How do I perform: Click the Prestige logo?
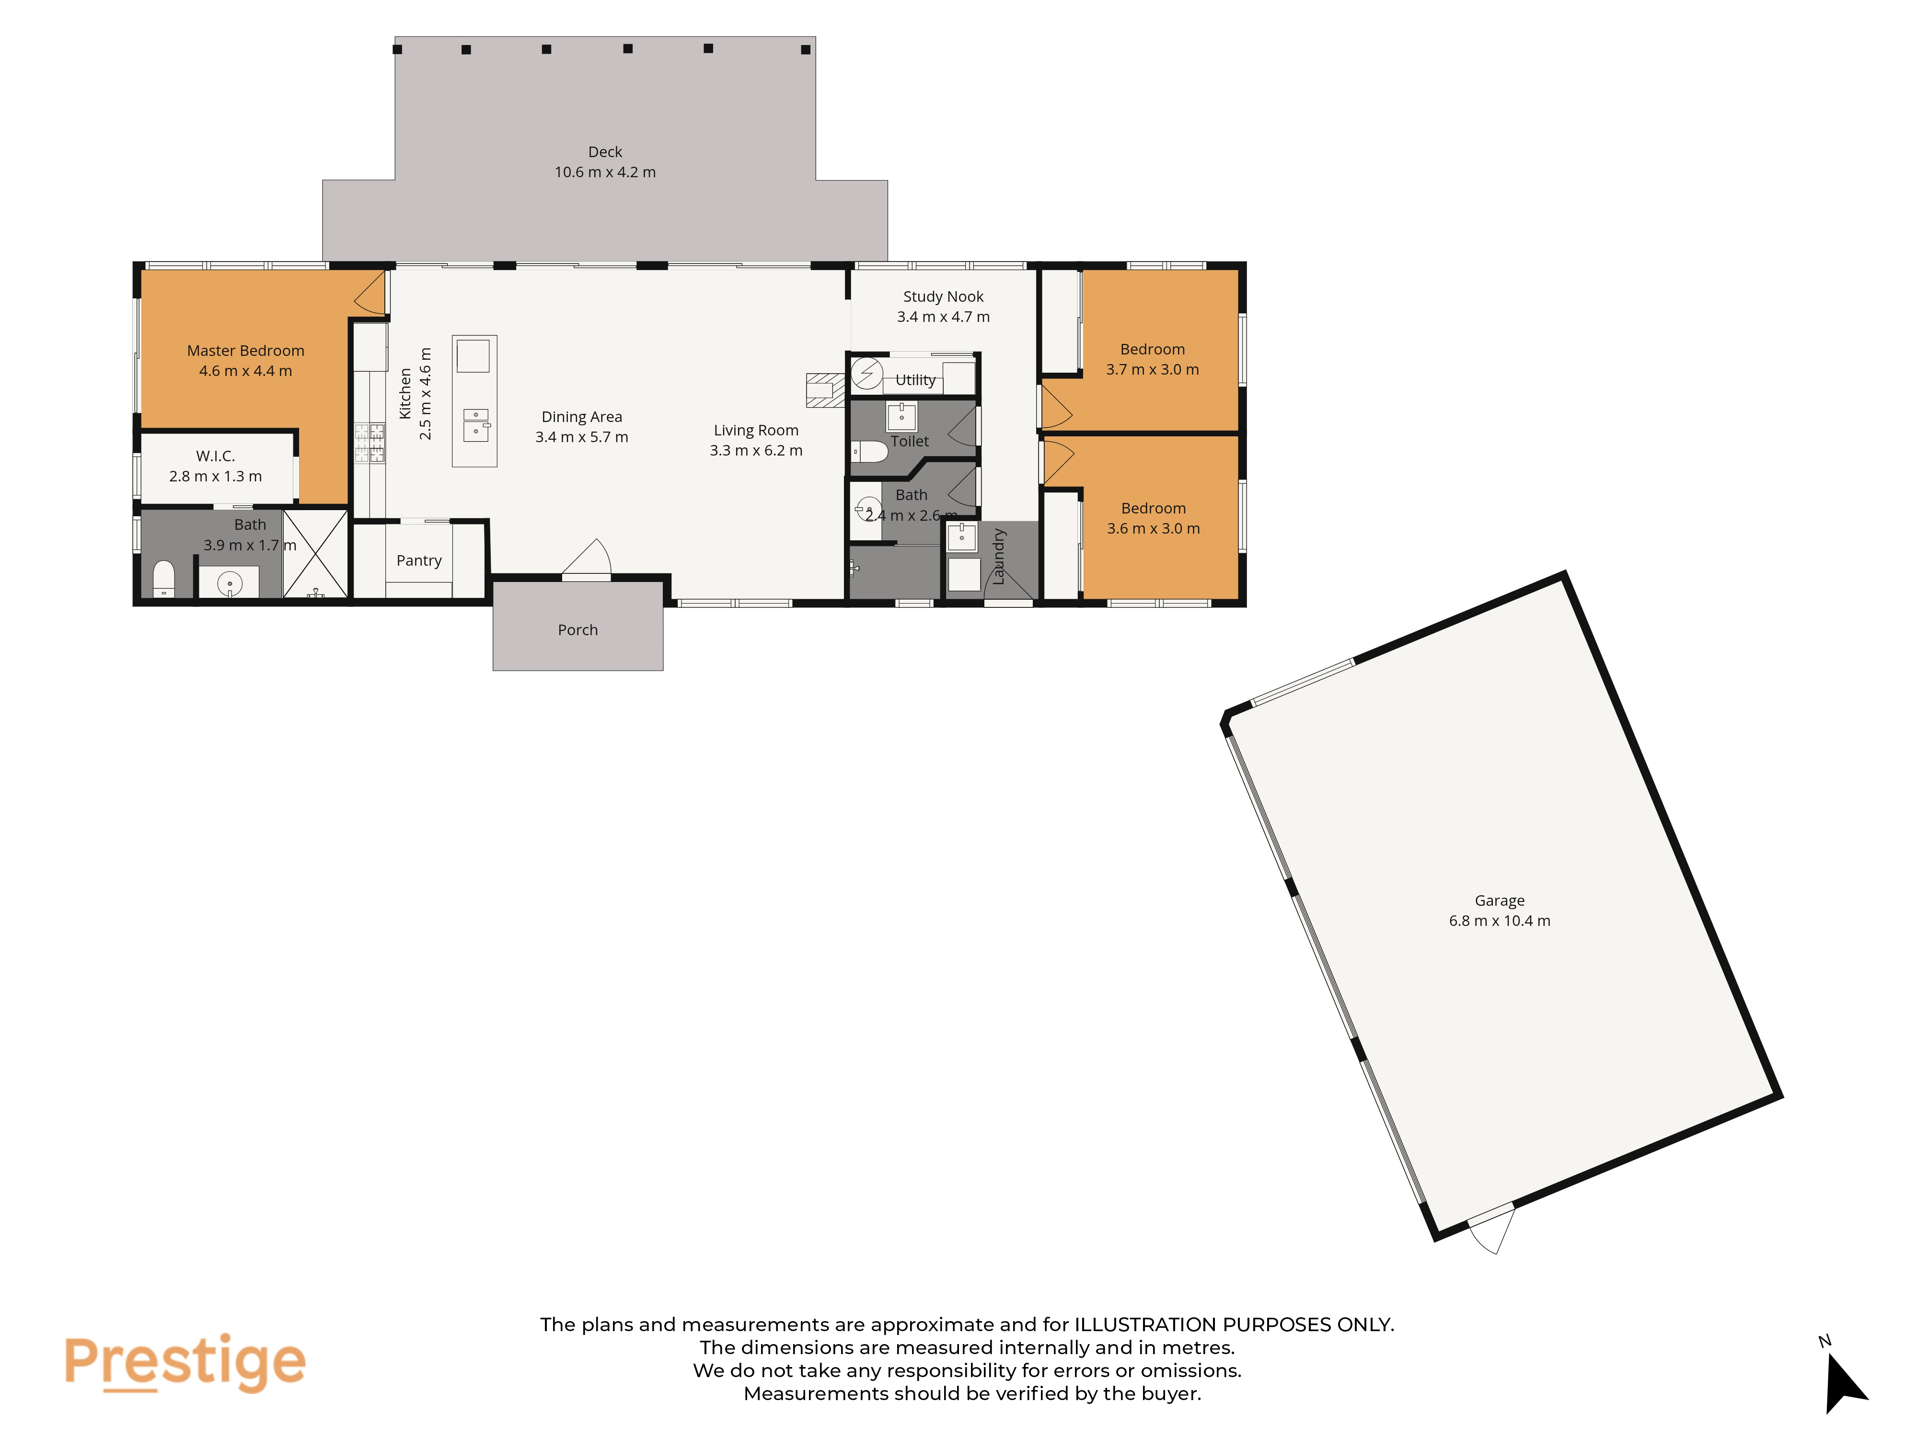[x=185, y=1362]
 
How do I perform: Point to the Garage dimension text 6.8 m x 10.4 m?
[x=1499, y=921]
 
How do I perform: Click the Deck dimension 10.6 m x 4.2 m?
[x=605, y=172]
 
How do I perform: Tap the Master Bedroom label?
[x=245, y=351]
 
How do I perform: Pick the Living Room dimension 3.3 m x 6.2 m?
[x=756, y=450]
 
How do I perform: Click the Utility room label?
[x=915, y=380]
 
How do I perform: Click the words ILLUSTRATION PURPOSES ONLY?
[x=1234, y=1324]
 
